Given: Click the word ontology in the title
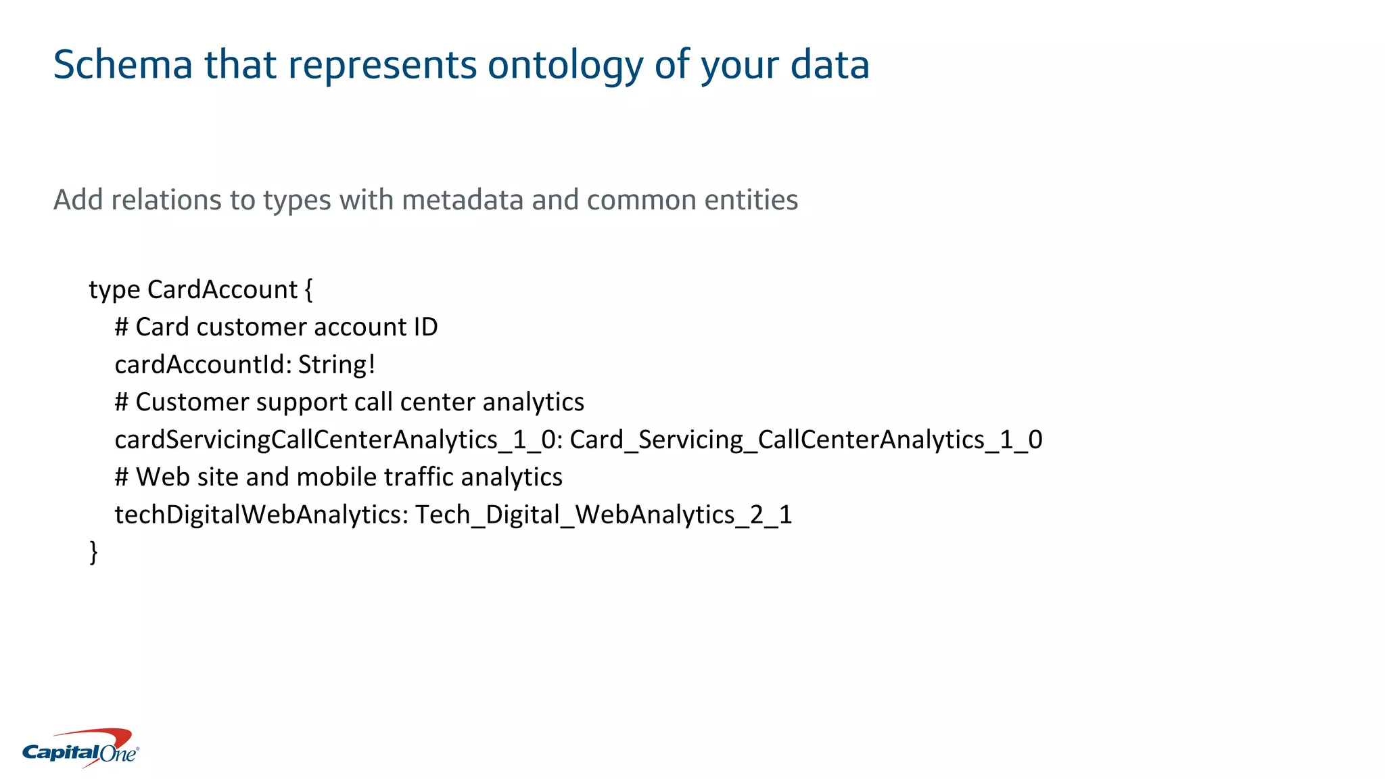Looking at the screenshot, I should click(565, 66).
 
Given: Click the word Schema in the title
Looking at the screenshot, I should click(122, 66).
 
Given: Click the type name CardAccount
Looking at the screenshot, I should click(222, 290).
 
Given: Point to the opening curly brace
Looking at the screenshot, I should click(308, 290).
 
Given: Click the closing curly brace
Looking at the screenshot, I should click(93, 552).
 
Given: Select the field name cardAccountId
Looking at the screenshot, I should click(203, 365).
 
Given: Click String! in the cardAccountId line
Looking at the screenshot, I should click(336, 365).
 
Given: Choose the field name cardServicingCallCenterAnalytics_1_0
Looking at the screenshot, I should click(335, 440).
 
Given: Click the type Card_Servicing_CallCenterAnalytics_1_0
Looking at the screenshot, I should click(805, 440).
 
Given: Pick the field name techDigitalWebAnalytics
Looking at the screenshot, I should click(260, 515).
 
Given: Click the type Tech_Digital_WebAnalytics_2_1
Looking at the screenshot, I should click(603, 515).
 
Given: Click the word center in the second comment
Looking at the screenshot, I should click(438, 402).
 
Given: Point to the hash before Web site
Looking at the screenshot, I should click(121, 477).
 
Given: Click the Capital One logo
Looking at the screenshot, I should click(80, 749).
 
